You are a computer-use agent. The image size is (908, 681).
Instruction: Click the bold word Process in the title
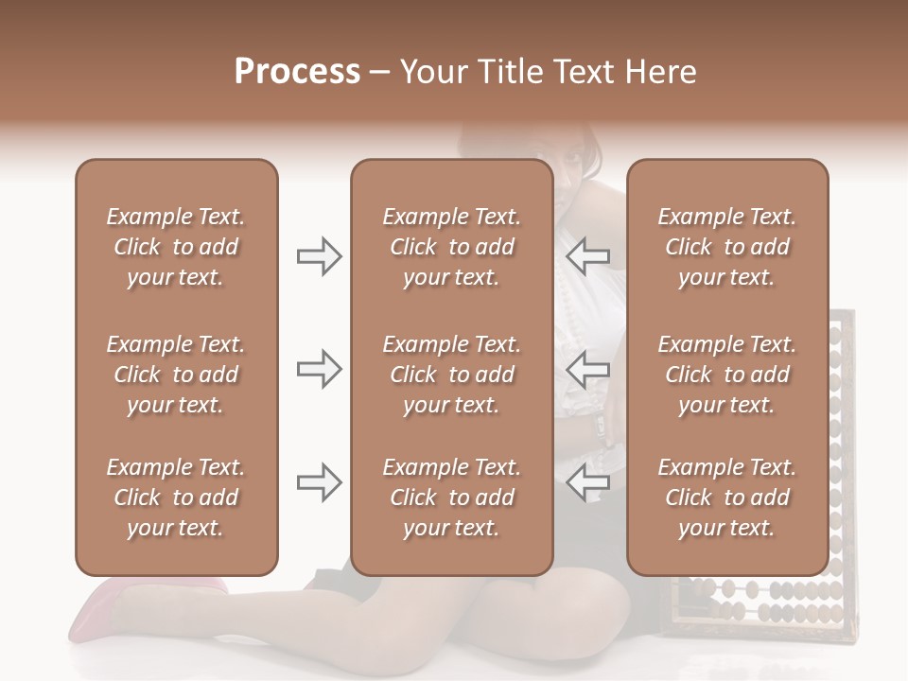297,72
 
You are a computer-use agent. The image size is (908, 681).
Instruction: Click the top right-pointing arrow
319,256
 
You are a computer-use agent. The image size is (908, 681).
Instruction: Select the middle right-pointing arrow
319,369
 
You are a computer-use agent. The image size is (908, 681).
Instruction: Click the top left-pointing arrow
588,256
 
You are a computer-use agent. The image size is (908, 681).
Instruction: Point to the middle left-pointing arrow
588,369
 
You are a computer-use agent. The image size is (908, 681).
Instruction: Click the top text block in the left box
176,247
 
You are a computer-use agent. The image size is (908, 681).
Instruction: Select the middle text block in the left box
176,375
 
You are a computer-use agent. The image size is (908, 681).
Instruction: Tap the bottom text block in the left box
176,498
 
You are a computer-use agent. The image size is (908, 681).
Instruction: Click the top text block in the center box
451,247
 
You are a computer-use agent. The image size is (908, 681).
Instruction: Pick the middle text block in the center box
451,375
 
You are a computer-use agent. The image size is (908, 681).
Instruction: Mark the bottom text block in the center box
451,498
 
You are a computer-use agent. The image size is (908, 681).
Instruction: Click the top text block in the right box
726,247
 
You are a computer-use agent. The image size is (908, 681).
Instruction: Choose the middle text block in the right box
726,375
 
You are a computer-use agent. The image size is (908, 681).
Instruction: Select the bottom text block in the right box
726,498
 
